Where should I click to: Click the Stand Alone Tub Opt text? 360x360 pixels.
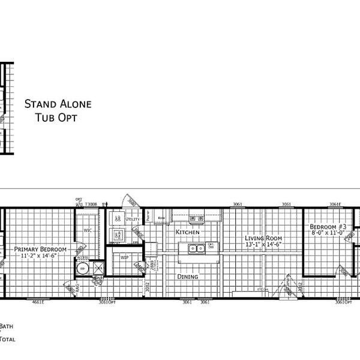58,110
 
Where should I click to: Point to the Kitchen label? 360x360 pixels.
187,232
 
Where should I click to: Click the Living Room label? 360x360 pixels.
263,238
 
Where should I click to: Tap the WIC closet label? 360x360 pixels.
87,229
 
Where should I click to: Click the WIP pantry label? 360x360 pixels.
125,257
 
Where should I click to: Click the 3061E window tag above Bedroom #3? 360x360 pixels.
335,205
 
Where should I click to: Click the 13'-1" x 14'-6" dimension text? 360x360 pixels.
263,245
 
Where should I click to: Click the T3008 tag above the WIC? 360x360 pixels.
91,204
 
